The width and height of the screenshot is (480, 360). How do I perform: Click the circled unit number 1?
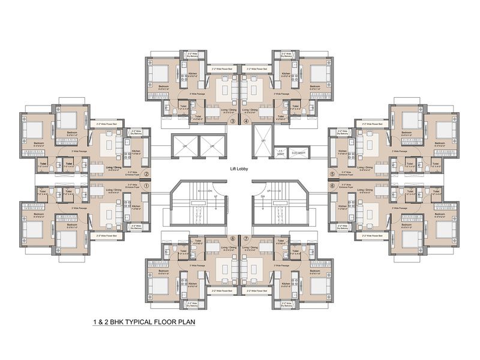146,186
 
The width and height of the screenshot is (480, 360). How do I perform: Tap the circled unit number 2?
146,174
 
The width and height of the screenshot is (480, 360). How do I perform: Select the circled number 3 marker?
232,121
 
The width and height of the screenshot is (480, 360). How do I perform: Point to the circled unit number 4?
247,121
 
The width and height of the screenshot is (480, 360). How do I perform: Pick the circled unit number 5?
332,174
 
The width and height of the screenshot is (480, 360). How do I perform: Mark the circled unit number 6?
332,186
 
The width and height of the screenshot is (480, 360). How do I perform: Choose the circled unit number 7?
247,238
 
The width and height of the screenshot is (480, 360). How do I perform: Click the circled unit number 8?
232,238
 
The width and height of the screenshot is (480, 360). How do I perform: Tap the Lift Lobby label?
239,169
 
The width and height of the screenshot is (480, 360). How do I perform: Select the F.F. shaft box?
280,152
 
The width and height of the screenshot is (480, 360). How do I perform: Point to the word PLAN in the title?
185,322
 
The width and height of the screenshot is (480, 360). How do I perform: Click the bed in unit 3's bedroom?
160,73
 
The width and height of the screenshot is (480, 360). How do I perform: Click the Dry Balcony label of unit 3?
193,56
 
